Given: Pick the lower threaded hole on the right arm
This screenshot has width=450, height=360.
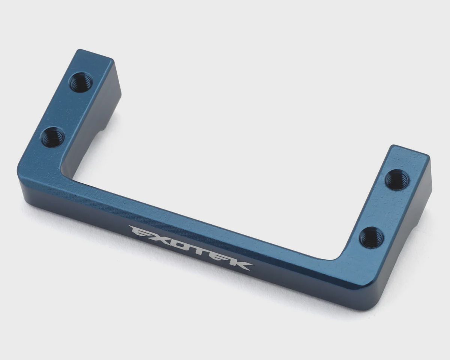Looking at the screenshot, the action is (371, 238).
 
